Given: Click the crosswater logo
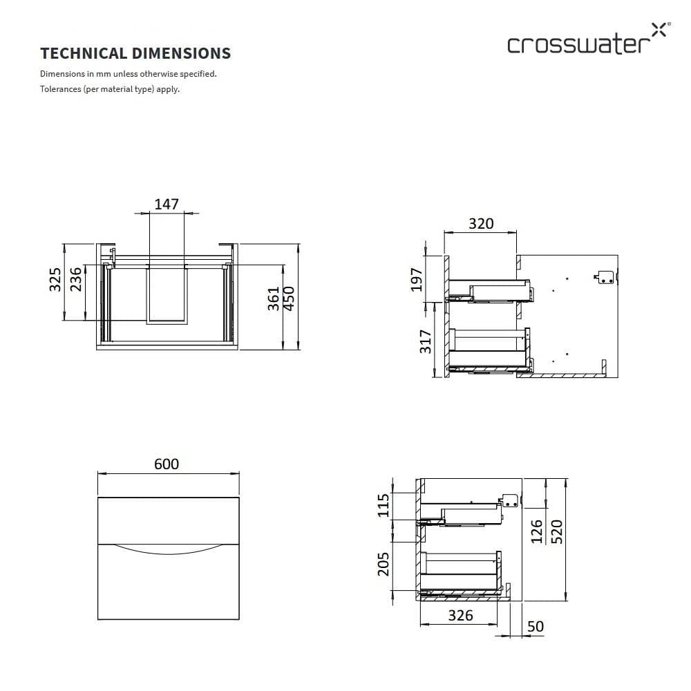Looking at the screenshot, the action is pos(589,39).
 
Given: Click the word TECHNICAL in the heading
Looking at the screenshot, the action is pos(84,53).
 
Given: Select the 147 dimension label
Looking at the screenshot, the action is pos(167,204).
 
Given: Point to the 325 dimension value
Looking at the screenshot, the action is pos(55,279).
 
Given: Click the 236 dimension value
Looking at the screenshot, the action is pos(76,279).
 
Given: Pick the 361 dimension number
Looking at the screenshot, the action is pos(274,299).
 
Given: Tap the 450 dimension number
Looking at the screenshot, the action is pos(289,299).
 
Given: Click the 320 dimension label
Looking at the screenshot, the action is pos(481,223).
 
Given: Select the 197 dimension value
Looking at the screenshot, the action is pos(417,279).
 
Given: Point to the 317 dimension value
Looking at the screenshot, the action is pos(425,341).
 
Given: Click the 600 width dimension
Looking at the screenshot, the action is pos(167,464).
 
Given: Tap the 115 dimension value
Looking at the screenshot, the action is pos(384,506).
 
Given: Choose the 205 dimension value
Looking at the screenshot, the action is pos(384,564).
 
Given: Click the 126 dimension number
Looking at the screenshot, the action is pos(537,531).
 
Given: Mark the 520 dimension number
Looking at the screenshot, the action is pos(557,531).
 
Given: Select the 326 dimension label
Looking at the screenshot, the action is pos(460,616).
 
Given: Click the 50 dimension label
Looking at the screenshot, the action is pos(536,626).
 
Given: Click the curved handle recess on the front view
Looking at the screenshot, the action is pos(169,549).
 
